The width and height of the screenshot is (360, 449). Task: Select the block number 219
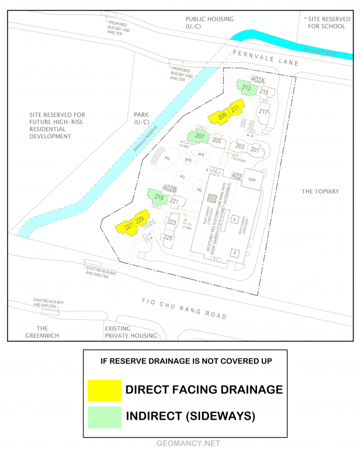pyautogui.click(x=159, y=198)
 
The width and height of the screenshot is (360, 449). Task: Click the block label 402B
pyautogui.click(x=170, y=189)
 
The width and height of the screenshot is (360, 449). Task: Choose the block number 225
pyautogui.click(x=168, y=238)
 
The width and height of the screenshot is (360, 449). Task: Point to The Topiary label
pyautogui.click(x=320, y=192)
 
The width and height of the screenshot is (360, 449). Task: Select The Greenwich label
pyautogui.click(x=42, y=332)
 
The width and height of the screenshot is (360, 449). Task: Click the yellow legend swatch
pyautogui.click(x=104, y=390)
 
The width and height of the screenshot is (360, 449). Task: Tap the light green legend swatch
pyautogui.click(x=104, y=415)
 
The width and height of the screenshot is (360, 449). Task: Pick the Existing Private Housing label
pyautogui.click(x=131, y=332)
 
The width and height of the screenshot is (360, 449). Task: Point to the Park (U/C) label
pyautogui.click(x=142, y=118)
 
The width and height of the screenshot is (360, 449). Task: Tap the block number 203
pyautogui.click(x=240, y=147)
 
